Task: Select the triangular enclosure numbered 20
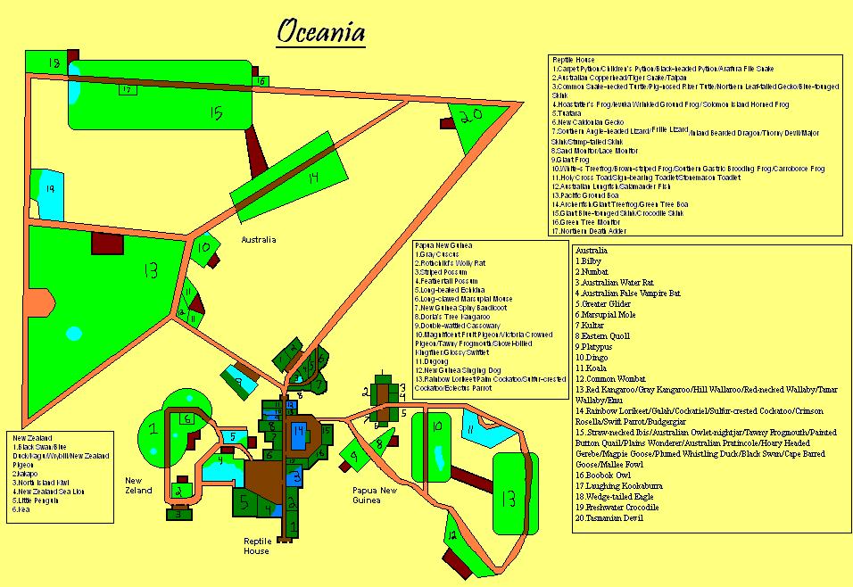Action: pos(472,116)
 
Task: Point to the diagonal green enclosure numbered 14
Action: pos(312,178)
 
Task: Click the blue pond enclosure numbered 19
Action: pos(50,190)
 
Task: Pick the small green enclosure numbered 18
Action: pos(54,63)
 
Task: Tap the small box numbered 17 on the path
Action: pos(127,89)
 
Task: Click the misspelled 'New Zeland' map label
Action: pos(138,485)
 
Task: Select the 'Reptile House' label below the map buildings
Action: pos(256,545)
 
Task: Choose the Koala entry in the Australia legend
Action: pos(594,368)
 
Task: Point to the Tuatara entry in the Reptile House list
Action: pos(567,113)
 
